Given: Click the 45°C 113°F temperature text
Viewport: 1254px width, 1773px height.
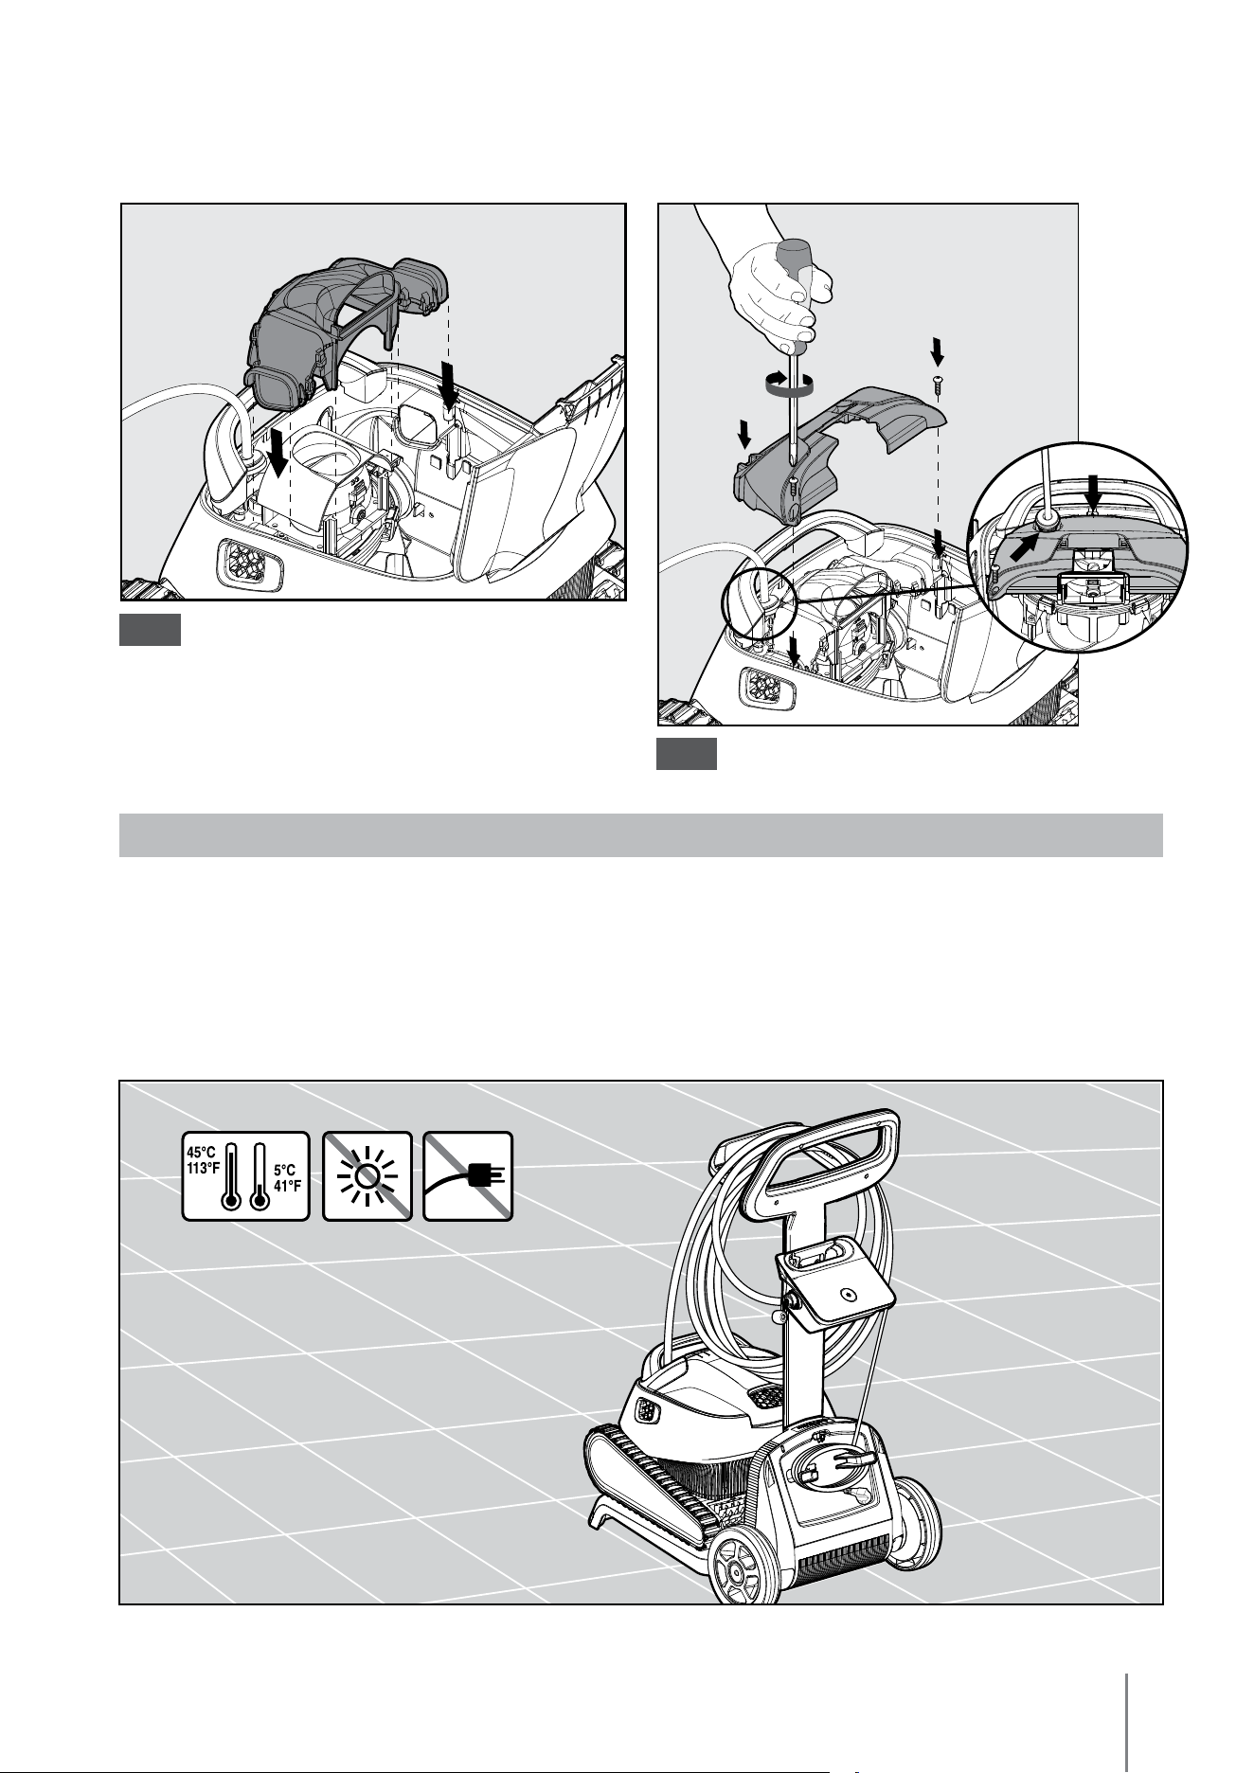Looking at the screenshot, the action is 203,1159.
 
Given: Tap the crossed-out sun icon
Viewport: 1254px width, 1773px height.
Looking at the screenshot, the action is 367,1176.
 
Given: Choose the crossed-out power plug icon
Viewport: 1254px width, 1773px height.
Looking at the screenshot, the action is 468,1176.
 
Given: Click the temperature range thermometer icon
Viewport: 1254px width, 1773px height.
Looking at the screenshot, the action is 245,1176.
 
